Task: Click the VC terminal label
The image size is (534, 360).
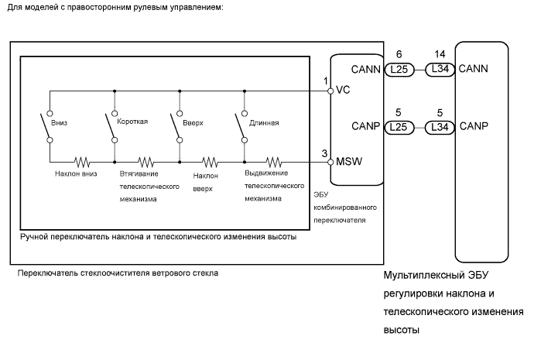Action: (342, 90)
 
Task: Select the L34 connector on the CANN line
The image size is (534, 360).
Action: (439, 69)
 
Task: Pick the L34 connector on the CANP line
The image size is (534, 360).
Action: (439, 125)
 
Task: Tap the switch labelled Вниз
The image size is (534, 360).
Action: (49, 129)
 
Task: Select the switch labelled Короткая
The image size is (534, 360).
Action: (113, 129)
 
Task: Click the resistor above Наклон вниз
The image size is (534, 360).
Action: (81, 163)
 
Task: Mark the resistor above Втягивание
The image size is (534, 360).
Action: (146, 163)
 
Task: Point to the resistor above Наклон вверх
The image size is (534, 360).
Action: (211, 163)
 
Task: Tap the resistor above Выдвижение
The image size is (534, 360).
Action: (274, 163)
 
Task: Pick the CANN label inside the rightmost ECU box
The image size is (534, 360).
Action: (473, 69)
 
